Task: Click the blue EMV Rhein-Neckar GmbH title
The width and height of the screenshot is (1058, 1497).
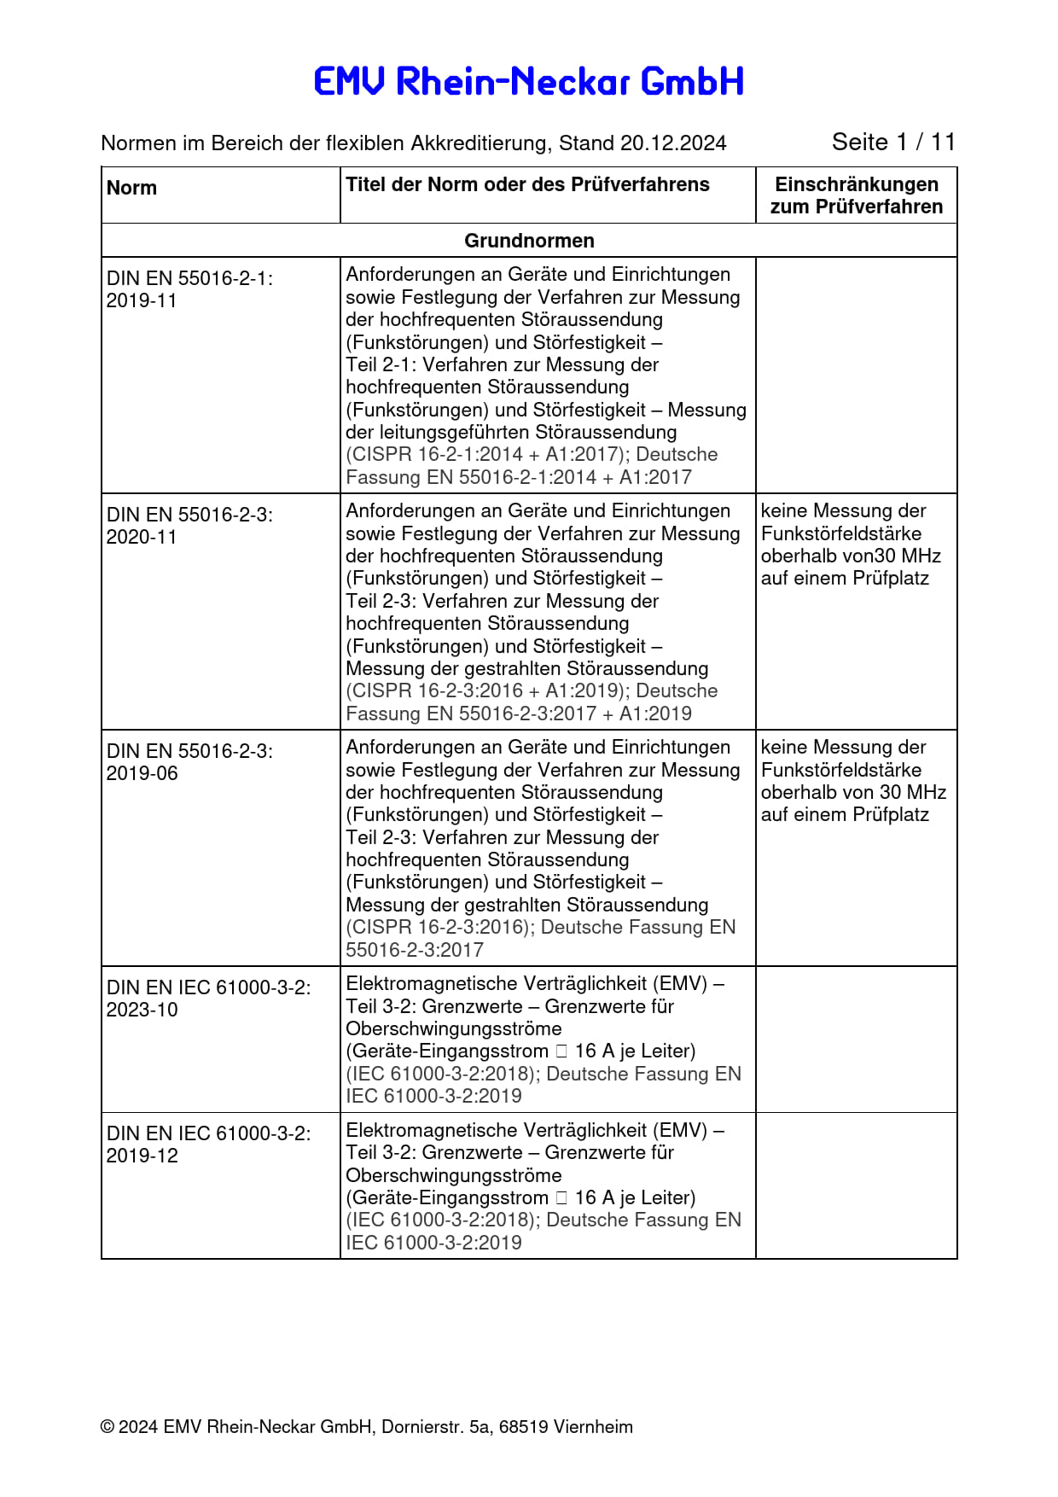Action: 529,82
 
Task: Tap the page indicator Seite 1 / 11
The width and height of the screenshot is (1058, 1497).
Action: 893,142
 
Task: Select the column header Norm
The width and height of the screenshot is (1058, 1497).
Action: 131,189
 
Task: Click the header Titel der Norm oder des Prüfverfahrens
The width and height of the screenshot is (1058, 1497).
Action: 527,185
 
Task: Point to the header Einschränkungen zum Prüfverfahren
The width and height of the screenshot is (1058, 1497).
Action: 856,195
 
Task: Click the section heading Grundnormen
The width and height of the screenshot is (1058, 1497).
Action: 529,241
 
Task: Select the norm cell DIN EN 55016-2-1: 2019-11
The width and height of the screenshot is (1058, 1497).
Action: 189,289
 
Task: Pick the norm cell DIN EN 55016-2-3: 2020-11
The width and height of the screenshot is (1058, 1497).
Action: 189,526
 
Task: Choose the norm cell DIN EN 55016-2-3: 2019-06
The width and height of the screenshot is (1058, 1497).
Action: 189,762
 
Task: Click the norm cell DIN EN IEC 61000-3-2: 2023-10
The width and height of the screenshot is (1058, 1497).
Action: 208,999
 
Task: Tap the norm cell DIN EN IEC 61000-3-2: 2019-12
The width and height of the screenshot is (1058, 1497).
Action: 208,1145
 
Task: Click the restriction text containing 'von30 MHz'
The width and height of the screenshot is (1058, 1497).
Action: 851,545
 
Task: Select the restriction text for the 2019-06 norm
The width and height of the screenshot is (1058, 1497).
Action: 853,781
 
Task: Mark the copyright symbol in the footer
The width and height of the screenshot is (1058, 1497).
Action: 108,1427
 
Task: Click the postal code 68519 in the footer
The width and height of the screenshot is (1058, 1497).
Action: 523,1427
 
